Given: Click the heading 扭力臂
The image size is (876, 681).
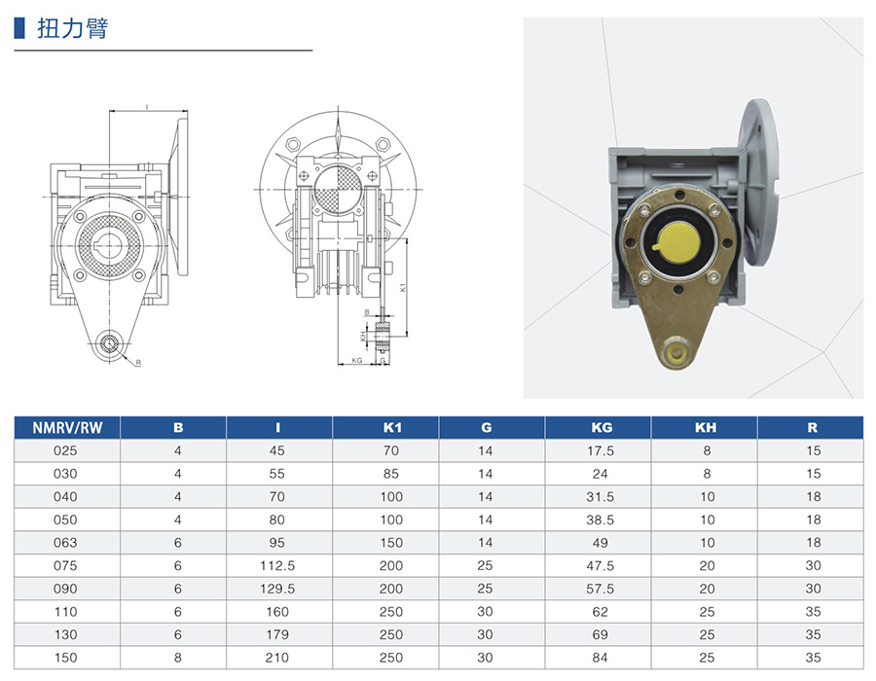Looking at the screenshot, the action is pos(73,28).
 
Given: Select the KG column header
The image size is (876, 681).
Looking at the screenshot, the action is pos(602,428).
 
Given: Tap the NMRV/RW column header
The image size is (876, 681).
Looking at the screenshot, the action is pos(67,428).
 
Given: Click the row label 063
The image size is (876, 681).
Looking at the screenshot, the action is pos(65,543).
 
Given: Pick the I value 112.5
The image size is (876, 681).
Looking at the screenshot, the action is pos(277,565).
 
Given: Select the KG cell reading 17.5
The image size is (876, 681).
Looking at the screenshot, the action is pos(600,450).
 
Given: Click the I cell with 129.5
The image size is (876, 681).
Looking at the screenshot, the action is pos(277,589).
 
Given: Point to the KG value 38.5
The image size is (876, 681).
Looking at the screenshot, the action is pos(600,520).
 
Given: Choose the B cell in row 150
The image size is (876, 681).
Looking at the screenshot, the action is pos(178,658).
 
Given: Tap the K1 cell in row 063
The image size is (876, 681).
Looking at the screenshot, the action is pos(391,543).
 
